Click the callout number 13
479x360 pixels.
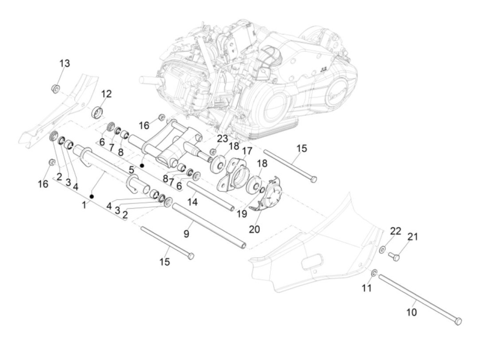[64, 63]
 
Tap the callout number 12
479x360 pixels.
[106, 94]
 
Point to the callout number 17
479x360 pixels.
[247, 151]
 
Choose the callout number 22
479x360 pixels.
[396, 231]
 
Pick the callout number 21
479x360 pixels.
[413, 236]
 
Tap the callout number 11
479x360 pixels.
[366, 288]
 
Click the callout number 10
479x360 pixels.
[412, 312]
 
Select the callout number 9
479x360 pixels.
[186, 234]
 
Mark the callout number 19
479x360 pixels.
[242, 214]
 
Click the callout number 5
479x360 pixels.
[131, 169]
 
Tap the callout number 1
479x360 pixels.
[84, 205]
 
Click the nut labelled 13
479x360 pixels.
[56, 88]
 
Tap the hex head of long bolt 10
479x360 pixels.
[458, 321]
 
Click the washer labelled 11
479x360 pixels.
[374, 273]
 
